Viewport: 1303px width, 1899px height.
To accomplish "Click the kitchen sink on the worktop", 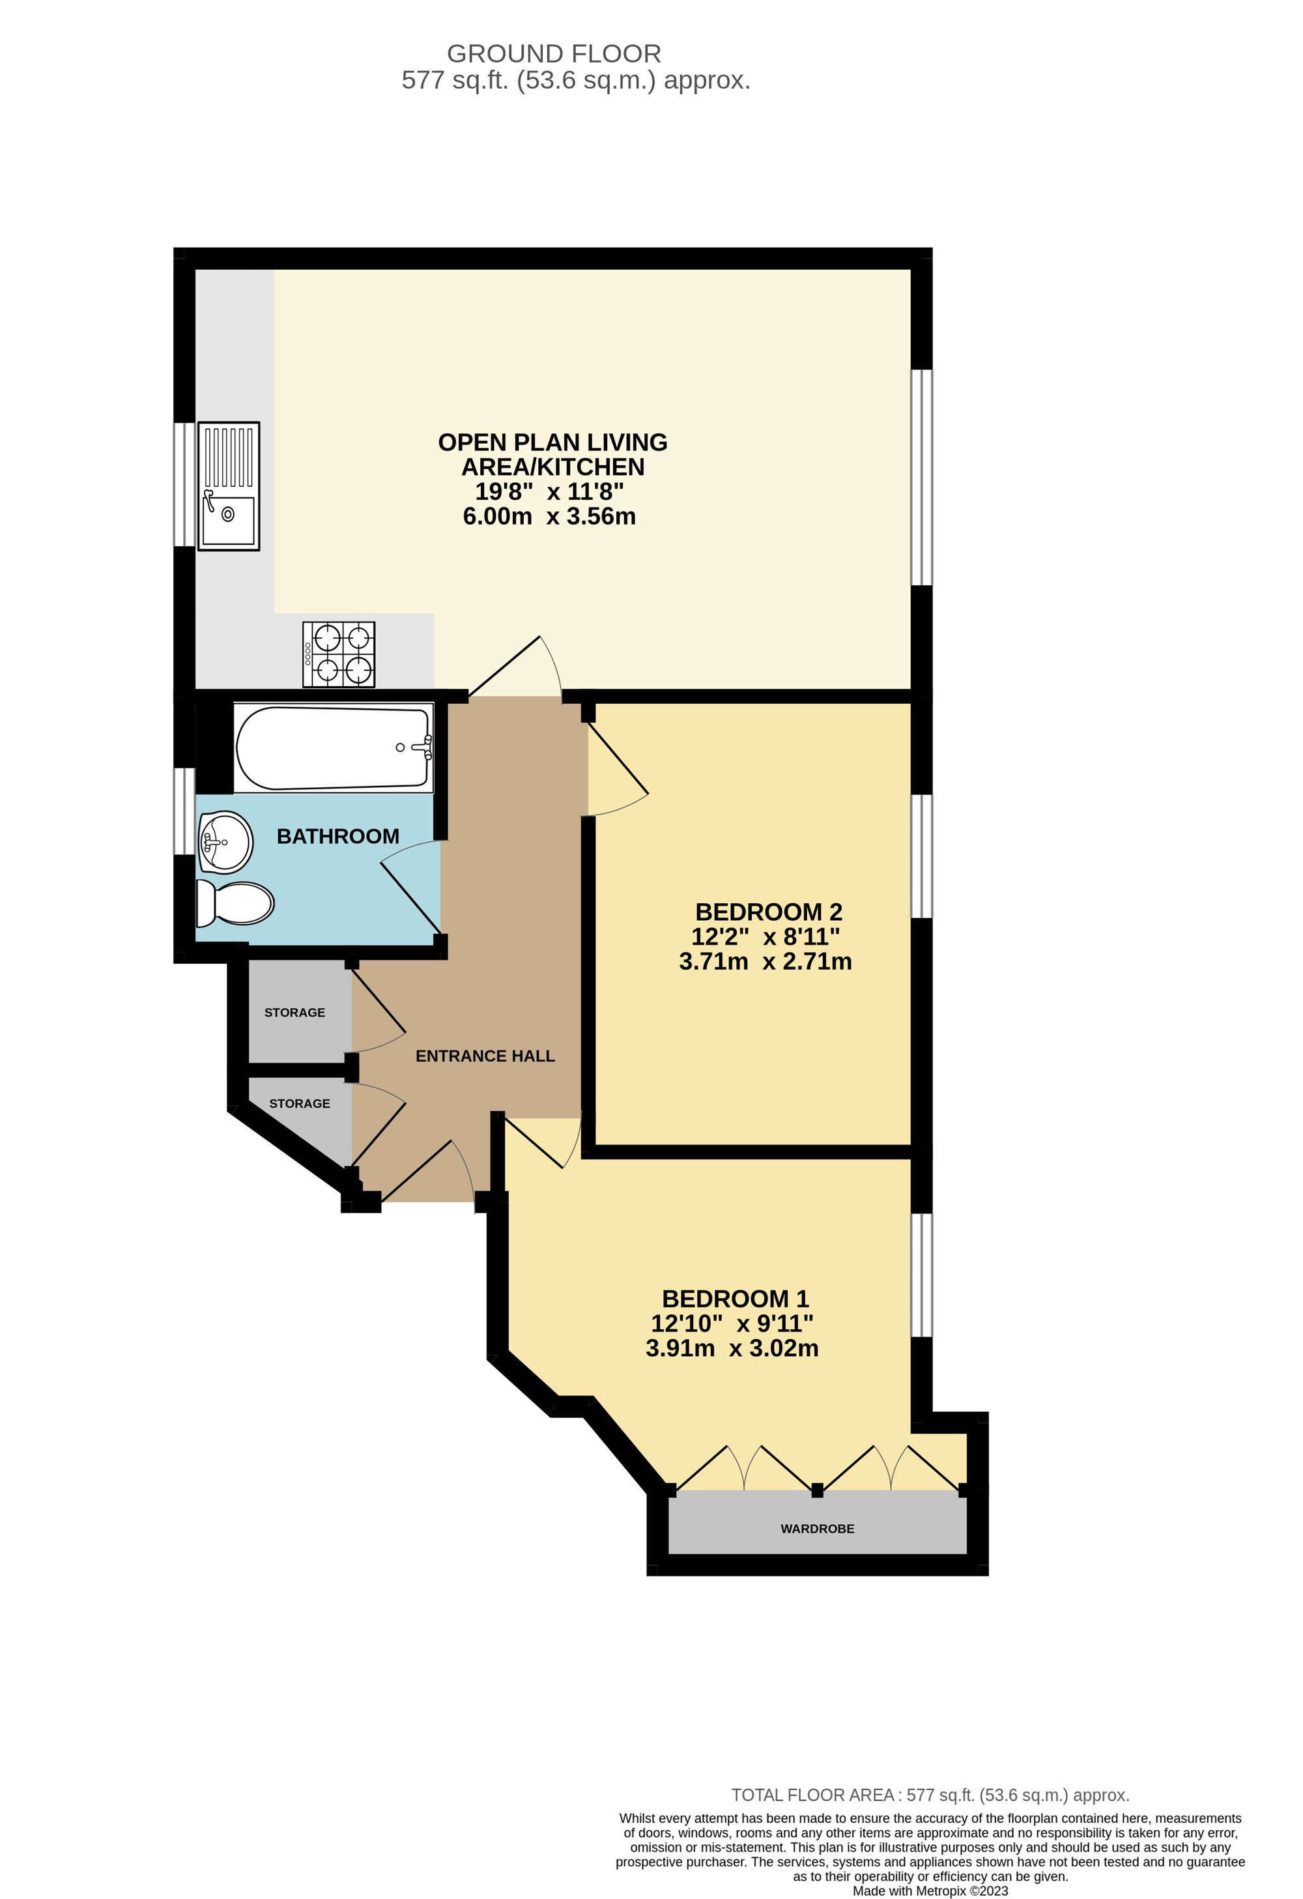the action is (229, 486).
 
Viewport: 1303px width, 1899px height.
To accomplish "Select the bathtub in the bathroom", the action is (334, 747).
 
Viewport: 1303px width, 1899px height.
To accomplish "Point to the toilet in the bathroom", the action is (235, 903).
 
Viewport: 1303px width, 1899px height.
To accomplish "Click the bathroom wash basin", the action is (225, 841).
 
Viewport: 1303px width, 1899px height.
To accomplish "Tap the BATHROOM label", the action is (338, 836).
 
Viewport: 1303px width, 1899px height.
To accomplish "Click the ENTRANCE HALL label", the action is (485, 1056).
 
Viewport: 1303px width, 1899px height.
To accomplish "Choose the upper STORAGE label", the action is (295, 1013).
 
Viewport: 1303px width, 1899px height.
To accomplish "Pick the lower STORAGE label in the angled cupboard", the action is (300, 1103).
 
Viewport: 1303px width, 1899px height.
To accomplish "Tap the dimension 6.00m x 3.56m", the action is (549, 516).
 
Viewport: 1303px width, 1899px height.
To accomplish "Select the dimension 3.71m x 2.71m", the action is (766, 961).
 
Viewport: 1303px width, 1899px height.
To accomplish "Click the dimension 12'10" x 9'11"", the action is (732, 1323).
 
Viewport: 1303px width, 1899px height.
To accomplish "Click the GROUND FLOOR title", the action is (554, 54).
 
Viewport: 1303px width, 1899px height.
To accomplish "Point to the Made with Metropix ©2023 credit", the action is (930, 1891).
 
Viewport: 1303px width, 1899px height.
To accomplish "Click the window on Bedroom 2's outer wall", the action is (921, 856).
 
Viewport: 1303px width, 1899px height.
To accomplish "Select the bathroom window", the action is (184, 811).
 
